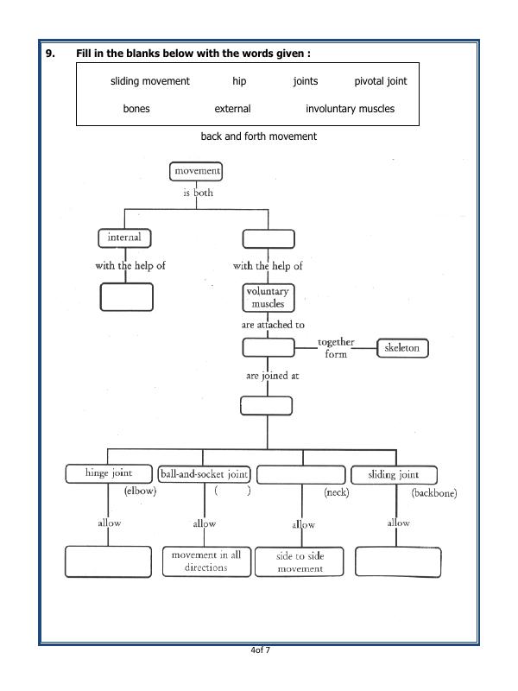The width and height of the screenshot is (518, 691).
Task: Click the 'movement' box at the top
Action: pos(197,172)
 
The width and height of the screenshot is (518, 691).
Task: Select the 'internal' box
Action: pos(124,238)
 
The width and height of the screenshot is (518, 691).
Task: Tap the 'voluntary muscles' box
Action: pos(268,298)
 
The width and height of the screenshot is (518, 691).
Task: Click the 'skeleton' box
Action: pos(402,347)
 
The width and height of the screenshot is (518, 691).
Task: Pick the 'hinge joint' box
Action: pos(109,474)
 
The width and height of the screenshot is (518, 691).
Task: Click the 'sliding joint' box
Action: pos(394,475)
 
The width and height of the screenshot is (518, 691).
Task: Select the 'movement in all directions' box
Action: pos(205,561)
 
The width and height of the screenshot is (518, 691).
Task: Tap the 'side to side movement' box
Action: pos(300,562)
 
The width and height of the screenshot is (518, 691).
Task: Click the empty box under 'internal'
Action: pos(127,296)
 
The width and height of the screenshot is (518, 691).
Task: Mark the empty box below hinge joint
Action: pos(108,561)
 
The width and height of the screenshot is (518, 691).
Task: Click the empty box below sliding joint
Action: pos(398,561)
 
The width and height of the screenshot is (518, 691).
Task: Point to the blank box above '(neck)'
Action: pos(301,474)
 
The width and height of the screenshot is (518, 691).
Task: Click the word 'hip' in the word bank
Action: pos(239,81)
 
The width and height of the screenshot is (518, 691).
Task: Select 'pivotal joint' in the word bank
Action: pos(380,81)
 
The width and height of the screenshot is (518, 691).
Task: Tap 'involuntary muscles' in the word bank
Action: pos(350,109)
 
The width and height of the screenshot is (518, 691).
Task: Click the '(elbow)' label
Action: pos(138,491)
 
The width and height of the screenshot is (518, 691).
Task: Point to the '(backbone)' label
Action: pos(433,493)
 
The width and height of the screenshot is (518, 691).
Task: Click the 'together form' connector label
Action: pos(336,348)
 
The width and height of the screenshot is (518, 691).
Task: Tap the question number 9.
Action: pos(51,54)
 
